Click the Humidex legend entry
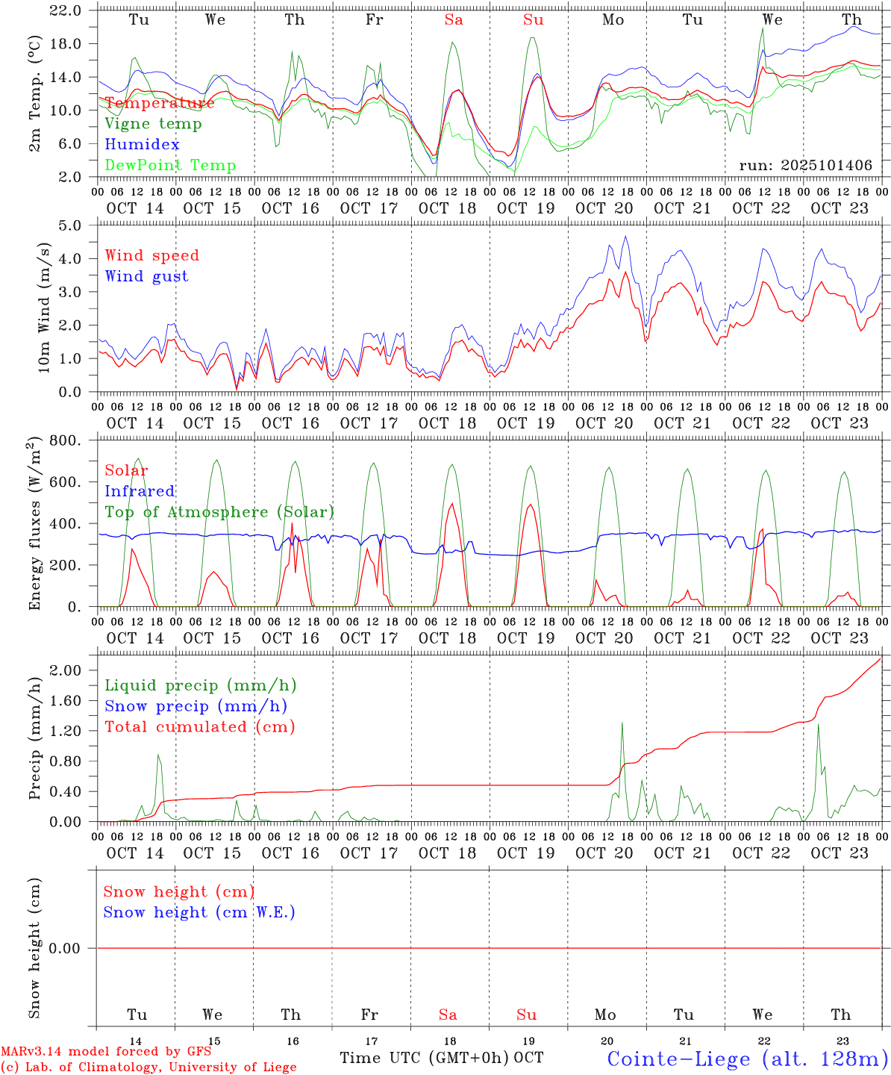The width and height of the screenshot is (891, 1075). pyautogui.click(x=142, y=145)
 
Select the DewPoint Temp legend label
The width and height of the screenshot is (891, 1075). pyautogui.click(x=170, y=166)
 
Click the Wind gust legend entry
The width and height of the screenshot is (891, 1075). pyautogui.click(x=146, y=276)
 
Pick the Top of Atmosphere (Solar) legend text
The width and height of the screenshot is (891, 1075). pyautogui.click(x=219, y=512)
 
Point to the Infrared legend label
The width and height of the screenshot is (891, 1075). pyautogui.click(x=140, y=491)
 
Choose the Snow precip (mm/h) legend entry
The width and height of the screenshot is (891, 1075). pyautogui.click(x=196, y=706)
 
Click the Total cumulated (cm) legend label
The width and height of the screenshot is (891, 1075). pyautogui.click(x=199, y=727)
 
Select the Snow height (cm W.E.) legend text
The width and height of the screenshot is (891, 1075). pyautogui.click(x=199, y=912)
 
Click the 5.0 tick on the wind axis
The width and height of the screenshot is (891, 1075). pyautogui.click(x=69, y=225)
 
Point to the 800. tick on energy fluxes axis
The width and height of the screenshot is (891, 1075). pyautogui.click(x=65, y=440)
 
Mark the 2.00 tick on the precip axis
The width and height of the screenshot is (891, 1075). pyautogui.click(x=66, y=670)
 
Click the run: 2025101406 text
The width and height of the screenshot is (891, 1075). pyautogui.click(x=805, y=166)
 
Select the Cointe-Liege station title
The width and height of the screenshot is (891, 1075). pyautogui.click(x=747, y=1059)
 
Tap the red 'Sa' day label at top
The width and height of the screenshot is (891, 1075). pyautogui.click(x=454, y=20)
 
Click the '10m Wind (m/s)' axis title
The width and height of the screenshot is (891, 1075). pyautogui.click(x=45, y=307)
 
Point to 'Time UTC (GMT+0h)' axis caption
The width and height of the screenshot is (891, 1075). pyautogui.click(x=425, y=1058)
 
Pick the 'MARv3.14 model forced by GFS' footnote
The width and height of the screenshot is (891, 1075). pyautogui.click(x=106, y=1052)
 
